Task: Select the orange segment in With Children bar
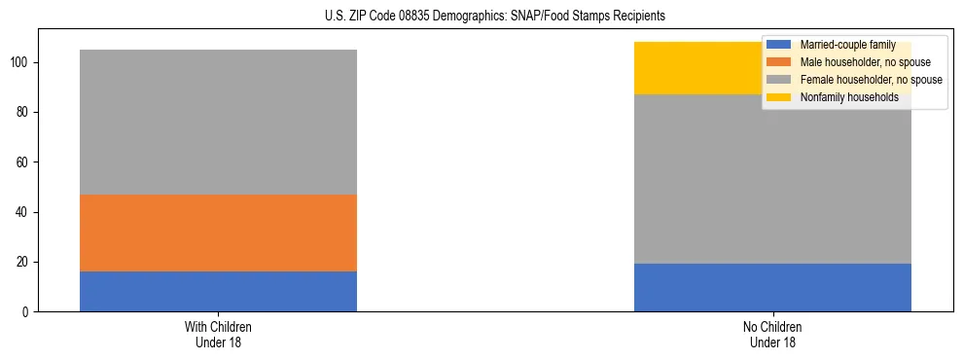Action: pos(218,233)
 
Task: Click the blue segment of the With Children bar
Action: pos(218,291)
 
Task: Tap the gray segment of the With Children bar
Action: pos(218,122)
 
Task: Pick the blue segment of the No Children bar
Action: pos(772,287)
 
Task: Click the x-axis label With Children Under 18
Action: pos(218,334)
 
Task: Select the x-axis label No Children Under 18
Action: pos(772,334)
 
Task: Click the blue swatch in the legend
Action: pos(780,45)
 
